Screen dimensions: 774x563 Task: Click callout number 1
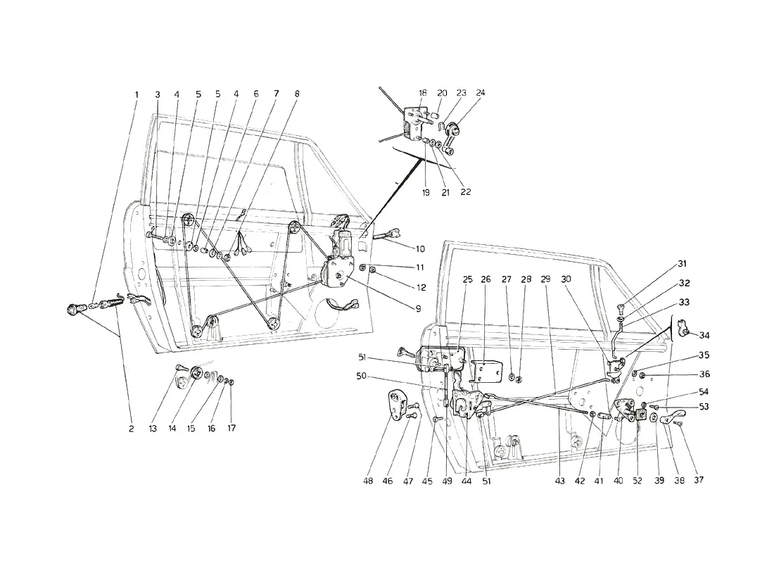(137, 94)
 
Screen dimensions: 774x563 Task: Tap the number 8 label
(297, 94)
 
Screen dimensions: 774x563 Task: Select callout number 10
(420, 249)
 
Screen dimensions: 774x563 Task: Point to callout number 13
(153, 429)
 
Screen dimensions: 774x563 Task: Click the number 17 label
(231, 428)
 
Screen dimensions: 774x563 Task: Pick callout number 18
(423, 93)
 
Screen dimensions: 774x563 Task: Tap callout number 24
(481, 93)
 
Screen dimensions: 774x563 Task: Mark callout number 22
(466, 192)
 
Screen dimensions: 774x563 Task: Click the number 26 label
(486, 279)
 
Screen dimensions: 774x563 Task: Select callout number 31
(683, 264)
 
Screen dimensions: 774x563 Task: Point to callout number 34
(704, 336)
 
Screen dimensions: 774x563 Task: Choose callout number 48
(368, 481)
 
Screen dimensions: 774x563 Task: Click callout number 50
(362, 377)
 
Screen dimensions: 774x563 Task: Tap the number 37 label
(699, 479)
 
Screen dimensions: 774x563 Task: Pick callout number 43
(559, 481)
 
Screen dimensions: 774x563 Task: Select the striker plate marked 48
(396, 405)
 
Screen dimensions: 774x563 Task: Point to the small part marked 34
(685, 327)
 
